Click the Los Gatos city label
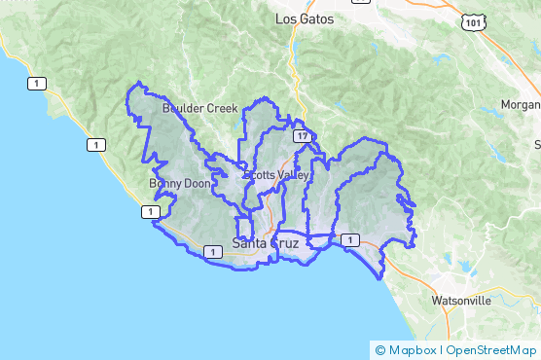point(304,19)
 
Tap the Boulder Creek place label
point(200,108)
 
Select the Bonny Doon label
point(179,183)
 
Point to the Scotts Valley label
point(277,175)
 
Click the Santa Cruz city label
point(266,242)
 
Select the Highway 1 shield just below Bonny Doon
point(151,211)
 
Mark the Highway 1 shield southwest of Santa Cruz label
point(211,252)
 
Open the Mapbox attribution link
point(412,349)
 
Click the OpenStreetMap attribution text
point(490,349)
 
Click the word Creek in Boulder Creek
point(221,108)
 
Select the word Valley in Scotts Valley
point(292,175)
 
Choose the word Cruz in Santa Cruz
point(286,242)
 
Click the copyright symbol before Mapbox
point(379,349)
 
